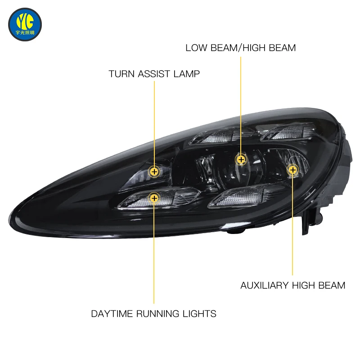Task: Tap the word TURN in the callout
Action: (122, 74)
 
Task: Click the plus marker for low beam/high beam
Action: (241, 159)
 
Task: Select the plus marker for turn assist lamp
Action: (154, 171)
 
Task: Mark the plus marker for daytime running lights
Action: (154, 198)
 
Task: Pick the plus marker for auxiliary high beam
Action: (292, 170)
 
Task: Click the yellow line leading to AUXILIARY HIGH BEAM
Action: (292, 225)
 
